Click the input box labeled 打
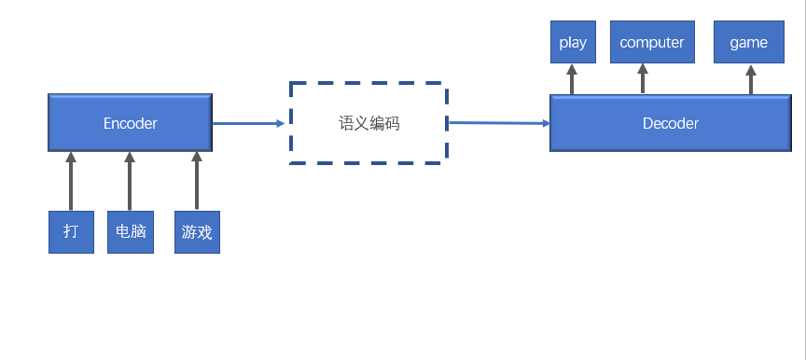coord(71,232)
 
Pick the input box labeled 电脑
coord(130,232)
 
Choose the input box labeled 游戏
coord(197,232)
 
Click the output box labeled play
coord(573,43)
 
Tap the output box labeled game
coord(749,43)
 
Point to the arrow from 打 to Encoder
coord(70,181)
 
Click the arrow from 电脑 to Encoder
coord(130,181)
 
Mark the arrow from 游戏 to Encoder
coord(196,181)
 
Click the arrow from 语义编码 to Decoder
coord(499,122)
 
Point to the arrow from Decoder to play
coord(573,79)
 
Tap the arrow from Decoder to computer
coord(643,79)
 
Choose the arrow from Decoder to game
coord(750,79)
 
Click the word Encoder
coord(131,123)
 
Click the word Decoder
coord(670,123)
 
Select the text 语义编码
coord(368,123)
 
